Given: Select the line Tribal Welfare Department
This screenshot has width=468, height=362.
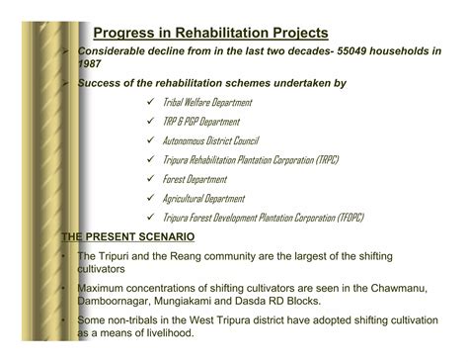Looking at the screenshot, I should click(x=207, y=103).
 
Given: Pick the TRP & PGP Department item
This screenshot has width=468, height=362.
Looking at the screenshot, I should click(x=200, y=122).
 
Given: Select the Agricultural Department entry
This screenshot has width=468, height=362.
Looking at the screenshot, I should click(x=203, y=198).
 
